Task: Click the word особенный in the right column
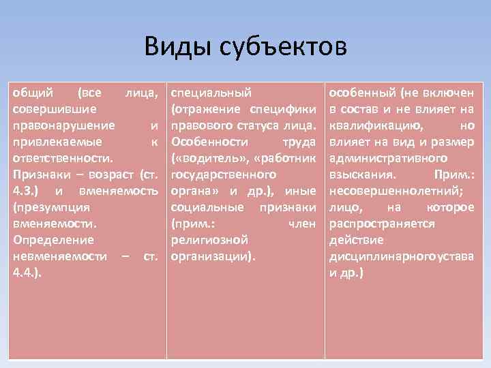tap(362, 92)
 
